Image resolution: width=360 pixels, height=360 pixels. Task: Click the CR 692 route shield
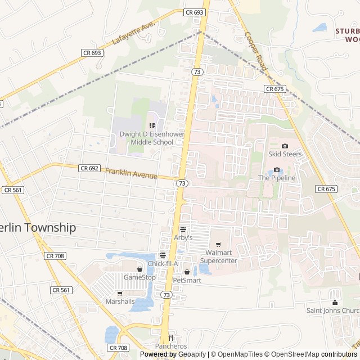pos(89,168)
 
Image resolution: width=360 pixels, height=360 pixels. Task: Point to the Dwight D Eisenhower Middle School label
pos(146,138)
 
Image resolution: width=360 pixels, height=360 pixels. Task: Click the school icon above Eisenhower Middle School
pos(151,125)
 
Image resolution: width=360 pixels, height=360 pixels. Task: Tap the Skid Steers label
pos(285,154)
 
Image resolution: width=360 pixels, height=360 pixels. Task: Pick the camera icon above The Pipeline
pos(277,170)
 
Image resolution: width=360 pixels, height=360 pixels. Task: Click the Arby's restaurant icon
pos(183,229)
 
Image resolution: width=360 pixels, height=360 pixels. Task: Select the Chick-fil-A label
pos(162,264)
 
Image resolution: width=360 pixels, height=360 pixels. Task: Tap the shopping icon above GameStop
pos(139,269)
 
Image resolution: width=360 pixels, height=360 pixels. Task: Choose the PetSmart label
pos(187,280)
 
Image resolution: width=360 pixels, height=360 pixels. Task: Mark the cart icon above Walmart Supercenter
pos(218,245)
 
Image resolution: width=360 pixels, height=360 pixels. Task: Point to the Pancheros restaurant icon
pos(171,337)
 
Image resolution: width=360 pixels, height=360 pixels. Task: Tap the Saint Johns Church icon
pos(335,302)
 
